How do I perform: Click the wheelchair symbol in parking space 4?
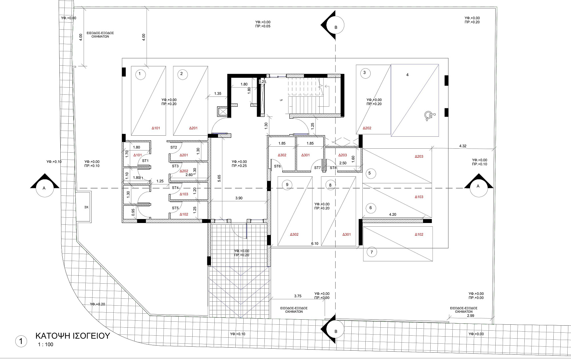(x=430, y=116)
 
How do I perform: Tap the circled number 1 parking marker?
(x=140, y=74)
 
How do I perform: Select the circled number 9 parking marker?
(x=287, y=185)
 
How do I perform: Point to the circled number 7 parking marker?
(x=372, y=252)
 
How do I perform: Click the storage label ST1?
(x=145, y=161)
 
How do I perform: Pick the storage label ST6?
(x=277, y=166)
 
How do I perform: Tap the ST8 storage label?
(x=333, y=168)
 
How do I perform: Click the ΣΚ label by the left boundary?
(x=86, y=207)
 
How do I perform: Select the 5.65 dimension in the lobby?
(x=219, y=178)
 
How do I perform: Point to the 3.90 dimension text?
(x=239, y=198)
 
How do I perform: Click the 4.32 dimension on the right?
(x=463, y=146)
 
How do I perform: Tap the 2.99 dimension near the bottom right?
(x=471, y=316)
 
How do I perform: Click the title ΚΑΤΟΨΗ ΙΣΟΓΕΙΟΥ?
(x=73, y=336)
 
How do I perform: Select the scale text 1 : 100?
(x=46, y=345)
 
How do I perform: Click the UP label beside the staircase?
(x=281, y=100)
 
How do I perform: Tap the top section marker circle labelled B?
(x=336, y=25)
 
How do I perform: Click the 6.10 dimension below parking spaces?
(x=315, y=243)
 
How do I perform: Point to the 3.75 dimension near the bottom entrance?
(x=298, y=296)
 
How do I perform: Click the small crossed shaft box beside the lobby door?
(x=222, y=112)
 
